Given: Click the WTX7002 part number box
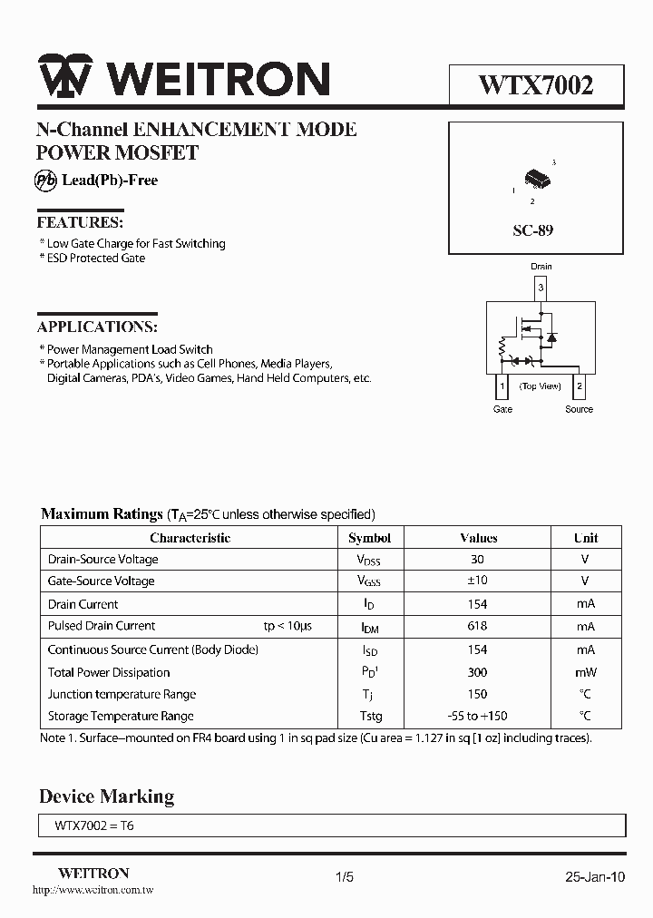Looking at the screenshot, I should (536, 86).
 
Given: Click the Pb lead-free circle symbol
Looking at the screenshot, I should (46, 180).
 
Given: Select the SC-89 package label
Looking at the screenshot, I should (532, 230).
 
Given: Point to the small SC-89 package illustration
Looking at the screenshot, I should (536, 179).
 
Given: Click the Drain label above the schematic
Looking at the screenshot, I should (541, 266).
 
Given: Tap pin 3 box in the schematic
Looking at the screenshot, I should (541, 289).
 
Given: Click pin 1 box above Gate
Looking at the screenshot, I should (502, 386).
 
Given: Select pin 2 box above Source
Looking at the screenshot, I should (580, 386).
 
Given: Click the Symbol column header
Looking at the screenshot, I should (370, 538).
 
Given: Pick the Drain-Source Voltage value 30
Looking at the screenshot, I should (478, 560).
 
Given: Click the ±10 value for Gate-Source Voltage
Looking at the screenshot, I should (478, 581).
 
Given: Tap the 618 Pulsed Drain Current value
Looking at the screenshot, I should (478, 627).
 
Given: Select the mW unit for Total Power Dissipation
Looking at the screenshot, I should (585, 673).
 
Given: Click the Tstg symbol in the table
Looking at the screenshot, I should (370, 717).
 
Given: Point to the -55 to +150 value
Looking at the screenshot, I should (478, 717).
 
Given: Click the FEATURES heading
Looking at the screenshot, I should (80, 222).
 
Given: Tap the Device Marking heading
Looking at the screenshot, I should (106, 796).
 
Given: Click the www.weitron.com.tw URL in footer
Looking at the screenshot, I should (93, 891).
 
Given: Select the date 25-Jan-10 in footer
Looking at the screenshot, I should (595, 877).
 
